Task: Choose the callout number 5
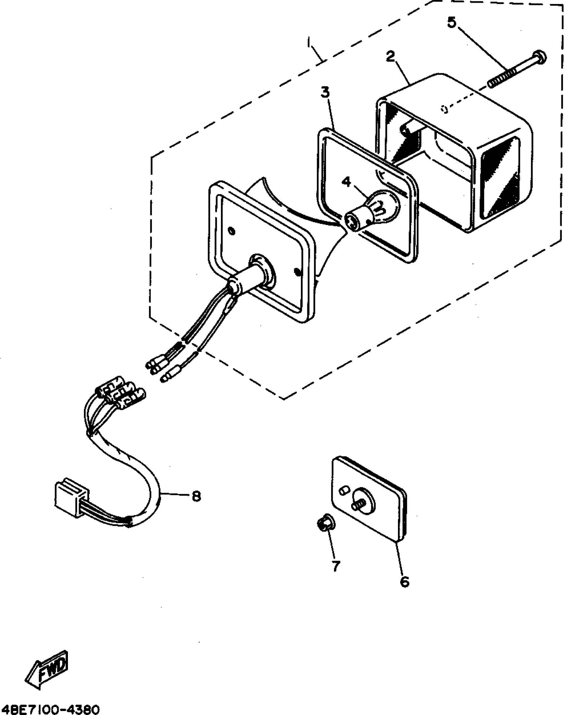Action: click(x=452, y=22)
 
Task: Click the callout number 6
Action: click(x=405, y=582)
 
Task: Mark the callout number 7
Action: click(x=336, y=565)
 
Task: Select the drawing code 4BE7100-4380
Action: click(x=50, y=708)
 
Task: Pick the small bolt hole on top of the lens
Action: click(x=444, y=109)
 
